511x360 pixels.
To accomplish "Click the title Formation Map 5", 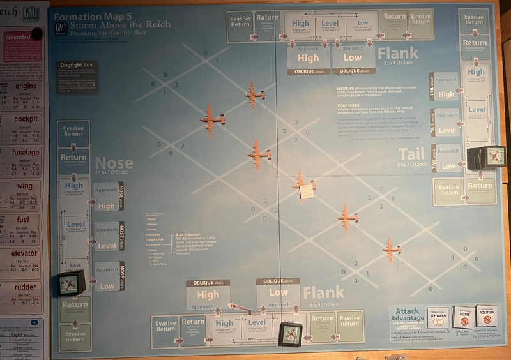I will pos(93,18).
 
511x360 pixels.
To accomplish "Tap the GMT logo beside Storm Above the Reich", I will pos(60,29).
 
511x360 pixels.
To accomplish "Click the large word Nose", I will pos(114,164).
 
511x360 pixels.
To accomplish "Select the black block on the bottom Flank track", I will pos(289,333).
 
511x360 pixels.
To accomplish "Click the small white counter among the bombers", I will pos(306,190).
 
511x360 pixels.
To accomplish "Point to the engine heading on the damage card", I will pos(26,86).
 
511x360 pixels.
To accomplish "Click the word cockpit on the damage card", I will pos(26,119).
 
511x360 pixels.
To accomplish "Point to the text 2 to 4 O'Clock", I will pos(397,63).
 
